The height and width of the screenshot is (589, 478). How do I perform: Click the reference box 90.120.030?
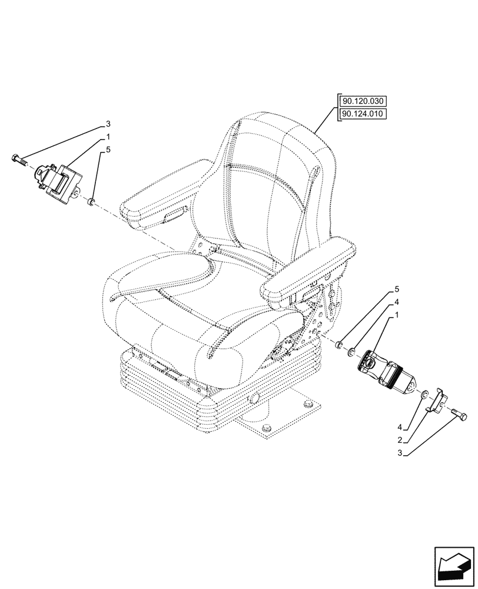click(361, 101)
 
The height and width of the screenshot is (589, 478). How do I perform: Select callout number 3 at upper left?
click(108, 124)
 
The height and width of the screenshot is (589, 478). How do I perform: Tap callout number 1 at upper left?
click(108, 137)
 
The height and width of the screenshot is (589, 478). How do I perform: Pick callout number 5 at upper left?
click(108, 150)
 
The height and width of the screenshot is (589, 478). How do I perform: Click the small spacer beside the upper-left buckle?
click(91, 202)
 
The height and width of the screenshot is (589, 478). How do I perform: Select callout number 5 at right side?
click(397, 290)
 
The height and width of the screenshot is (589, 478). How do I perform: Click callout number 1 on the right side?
click(397, 316)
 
